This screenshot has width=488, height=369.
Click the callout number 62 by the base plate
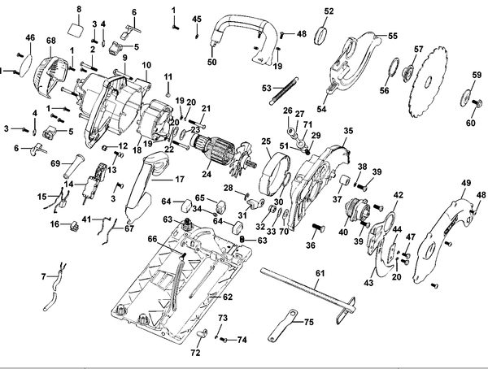tap(228, 297)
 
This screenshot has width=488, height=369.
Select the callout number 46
tap(30, 37)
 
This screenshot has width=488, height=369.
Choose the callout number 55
tap(392, 37)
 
